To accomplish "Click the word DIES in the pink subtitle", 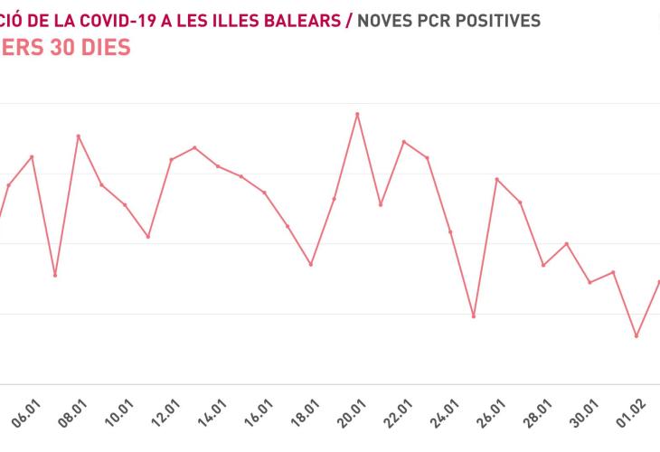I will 101,47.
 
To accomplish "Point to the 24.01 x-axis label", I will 447,421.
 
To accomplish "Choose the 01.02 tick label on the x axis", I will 634,421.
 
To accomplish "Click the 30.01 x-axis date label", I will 587,421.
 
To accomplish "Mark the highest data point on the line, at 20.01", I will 357,114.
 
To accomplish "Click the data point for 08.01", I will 79,137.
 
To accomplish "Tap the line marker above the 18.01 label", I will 311,264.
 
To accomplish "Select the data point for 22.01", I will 404,142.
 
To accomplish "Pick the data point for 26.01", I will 496,179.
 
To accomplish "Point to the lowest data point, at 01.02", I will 636,336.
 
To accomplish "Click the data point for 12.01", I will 172,159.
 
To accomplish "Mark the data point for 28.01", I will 543,265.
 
